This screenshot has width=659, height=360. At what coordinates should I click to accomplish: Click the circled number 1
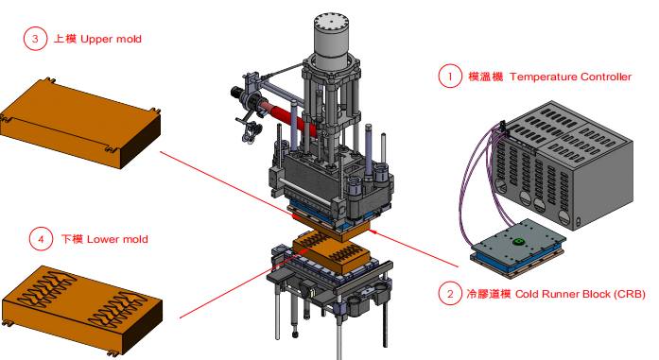coord(450,76)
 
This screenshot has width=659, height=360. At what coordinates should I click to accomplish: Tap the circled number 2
coord(450,293)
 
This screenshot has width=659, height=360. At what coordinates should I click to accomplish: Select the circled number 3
coord(35,39)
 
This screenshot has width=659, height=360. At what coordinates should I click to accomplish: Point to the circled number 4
coord(41,239)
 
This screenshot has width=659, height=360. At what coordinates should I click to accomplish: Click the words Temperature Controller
coord(570,77)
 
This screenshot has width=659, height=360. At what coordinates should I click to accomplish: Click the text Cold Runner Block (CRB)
coord(580,294)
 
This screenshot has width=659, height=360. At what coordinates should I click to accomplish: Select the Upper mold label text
coord(111,39)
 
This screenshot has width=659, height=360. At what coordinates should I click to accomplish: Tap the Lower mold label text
coord(117,239)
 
